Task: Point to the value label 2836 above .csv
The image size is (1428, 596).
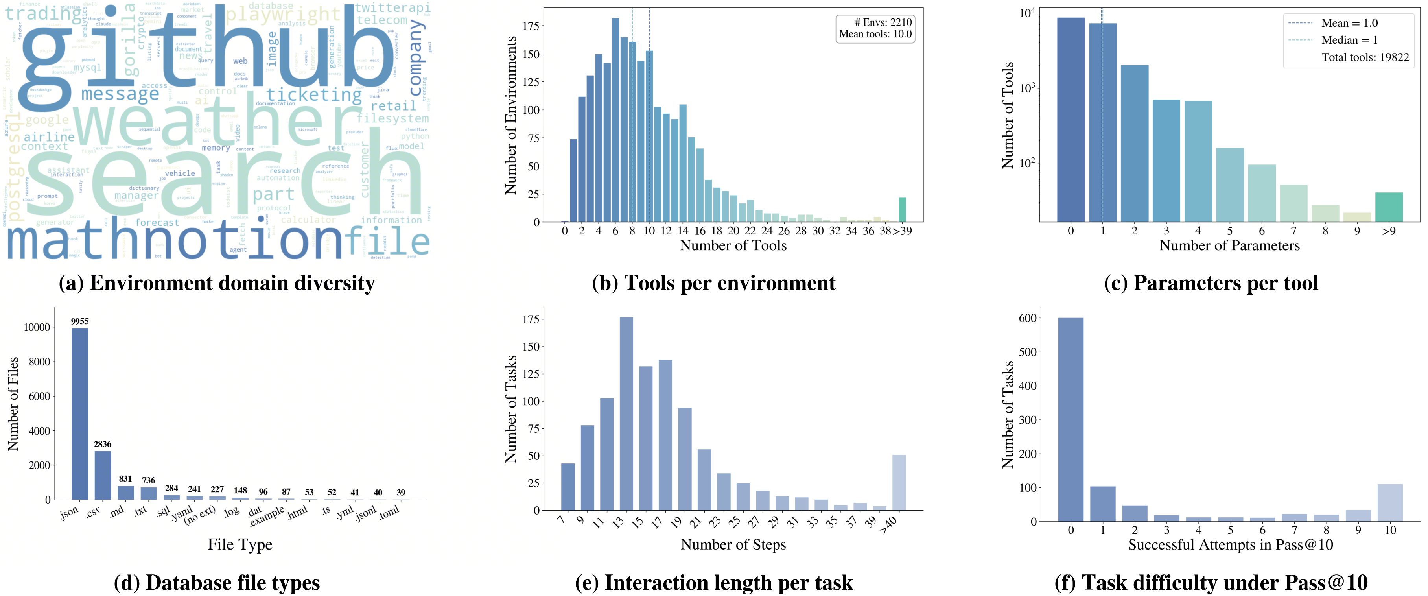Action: coord(103,444)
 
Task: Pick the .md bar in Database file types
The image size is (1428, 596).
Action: coord(126,493)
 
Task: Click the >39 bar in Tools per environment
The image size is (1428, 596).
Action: coord(902,210)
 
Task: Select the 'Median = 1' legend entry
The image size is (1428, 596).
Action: coord(1349,40)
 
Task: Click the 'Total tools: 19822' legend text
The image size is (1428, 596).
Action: coord(1365,57)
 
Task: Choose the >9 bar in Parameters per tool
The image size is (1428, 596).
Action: coord(1389,207)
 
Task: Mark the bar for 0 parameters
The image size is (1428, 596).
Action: coord(1071,119)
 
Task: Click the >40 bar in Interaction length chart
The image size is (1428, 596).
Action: coord(899,482)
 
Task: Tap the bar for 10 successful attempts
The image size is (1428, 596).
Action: coord(1390,503)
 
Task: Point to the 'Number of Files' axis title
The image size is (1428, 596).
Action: coord(13,404)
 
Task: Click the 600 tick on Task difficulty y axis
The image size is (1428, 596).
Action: coord(1028,318)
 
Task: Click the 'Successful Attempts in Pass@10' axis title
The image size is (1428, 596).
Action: coord(1230,545)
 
